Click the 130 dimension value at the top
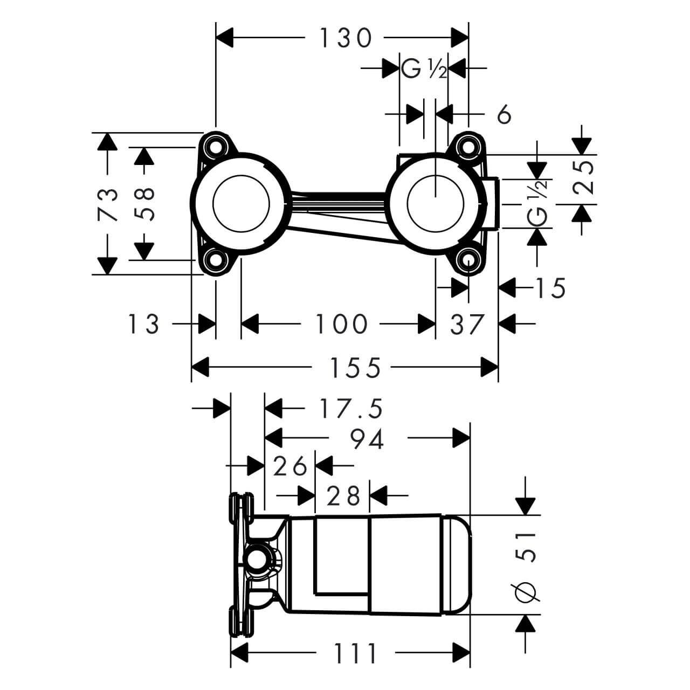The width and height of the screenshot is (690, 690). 346,38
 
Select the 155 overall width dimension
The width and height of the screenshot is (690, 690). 355,368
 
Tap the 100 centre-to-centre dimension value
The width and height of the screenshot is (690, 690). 341,325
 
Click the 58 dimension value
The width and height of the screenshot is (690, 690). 144,203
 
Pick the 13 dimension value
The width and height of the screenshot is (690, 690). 143,325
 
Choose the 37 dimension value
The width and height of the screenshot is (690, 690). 467,325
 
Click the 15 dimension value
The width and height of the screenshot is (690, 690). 550,288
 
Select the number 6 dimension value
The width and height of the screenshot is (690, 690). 503,114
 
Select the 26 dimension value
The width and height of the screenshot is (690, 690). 290,466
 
